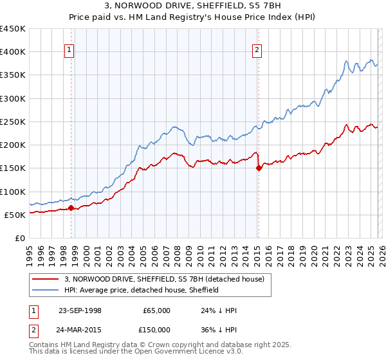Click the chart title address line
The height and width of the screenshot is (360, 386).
click(192, 6)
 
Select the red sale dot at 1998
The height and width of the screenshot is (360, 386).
click(71, 208)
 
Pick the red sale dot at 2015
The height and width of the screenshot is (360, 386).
click(259, 168)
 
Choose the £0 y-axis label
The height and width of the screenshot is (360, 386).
click(21, 238)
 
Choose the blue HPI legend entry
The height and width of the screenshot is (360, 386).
click(142, 290)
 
